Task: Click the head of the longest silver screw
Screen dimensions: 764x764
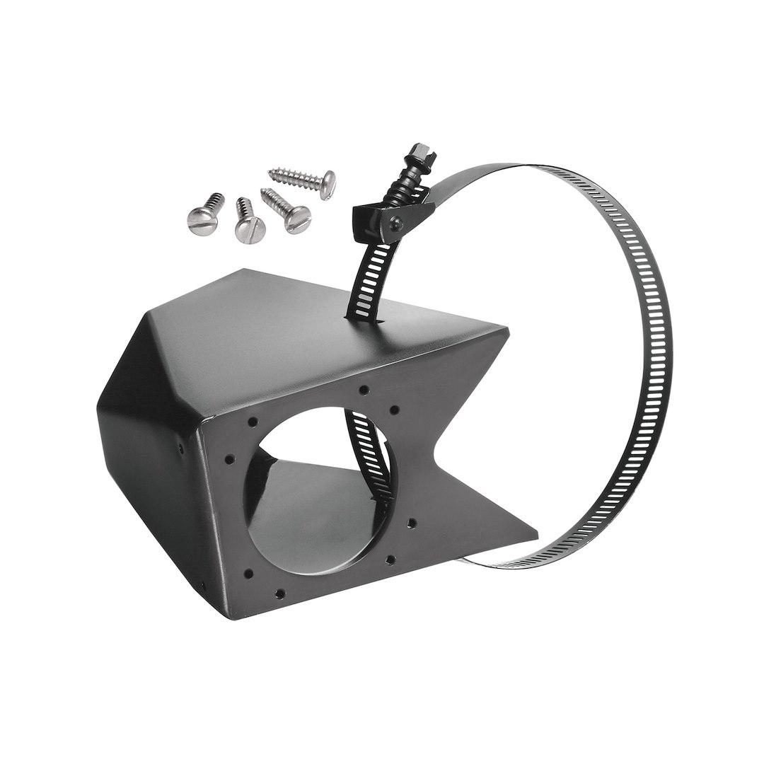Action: [326, 183]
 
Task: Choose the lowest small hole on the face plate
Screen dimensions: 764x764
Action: [280, 594]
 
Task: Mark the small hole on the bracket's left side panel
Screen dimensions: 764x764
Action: [181, 447]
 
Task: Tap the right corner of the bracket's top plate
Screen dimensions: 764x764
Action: [507, 330]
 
